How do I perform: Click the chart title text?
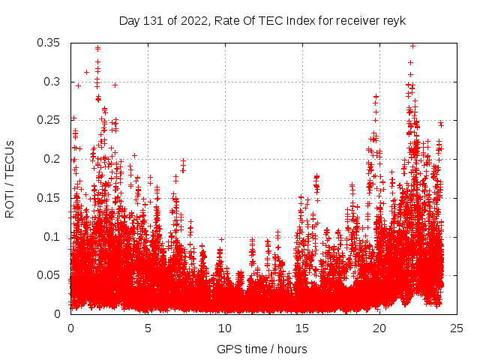tap(262, 21)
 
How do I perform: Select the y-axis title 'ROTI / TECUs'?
tap(10, 178)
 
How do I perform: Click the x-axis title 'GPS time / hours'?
tap(262, 349)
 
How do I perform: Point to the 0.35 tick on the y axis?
tap(51, 43)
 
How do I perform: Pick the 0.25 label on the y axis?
tap(51, 121)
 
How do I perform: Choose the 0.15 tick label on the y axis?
tap(51, 198)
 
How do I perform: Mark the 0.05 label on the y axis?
tap(51, 275)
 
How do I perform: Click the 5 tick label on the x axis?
tap(148, 328)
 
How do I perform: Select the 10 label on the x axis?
tap(225, 328)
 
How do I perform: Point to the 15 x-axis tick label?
tap(302, 328)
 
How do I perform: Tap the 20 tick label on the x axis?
tap(379, 328)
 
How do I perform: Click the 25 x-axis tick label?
tap(457, 328)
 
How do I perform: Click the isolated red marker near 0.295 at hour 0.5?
tap(78, 85)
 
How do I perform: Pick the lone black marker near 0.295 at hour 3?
tap(115, 85)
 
